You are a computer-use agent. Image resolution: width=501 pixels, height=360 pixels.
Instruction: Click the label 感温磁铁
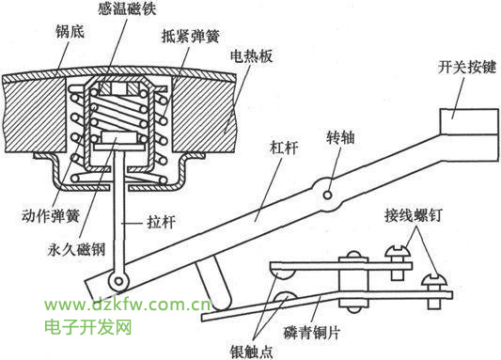[127, 8]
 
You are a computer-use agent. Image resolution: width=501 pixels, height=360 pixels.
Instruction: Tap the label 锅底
[70, 32]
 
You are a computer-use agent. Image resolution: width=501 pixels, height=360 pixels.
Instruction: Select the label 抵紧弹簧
[191, 36]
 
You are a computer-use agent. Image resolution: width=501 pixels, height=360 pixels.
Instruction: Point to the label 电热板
[252, 55]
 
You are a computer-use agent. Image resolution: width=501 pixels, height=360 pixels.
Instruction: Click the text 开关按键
[467, 67]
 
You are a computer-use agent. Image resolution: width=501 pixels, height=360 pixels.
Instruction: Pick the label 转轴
[340, 138]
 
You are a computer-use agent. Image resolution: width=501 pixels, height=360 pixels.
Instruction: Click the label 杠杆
[284, 148]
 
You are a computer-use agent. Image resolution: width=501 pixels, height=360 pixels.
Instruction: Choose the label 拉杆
[161, 222]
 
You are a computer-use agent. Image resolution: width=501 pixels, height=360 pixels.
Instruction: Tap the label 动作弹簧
[51, 215]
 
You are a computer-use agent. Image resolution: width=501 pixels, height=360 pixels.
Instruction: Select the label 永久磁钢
[77, 249]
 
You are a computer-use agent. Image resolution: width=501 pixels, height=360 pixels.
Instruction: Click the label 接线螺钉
[414, 215]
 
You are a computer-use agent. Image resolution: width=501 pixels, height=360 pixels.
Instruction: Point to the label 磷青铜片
[312, 333]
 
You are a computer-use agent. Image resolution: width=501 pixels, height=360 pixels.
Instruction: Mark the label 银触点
[252, 352]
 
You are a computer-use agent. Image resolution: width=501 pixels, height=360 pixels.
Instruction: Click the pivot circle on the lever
[327, 195]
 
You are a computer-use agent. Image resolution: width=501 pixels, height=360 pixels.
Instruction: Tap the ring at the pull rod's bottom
[118, 281]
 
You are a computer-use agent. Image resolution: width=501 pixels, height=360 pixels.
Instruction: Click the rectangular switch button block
[469, 121]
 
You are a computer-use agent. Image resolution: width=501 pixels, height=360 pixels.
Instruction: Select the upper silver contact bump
[283, 274]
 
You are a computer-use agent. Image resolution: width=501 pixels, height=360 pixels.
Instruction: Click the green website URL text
[127, 305]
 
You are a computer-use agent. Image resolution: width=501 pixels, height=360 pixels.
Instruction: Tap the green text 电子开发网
[87, 327]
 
